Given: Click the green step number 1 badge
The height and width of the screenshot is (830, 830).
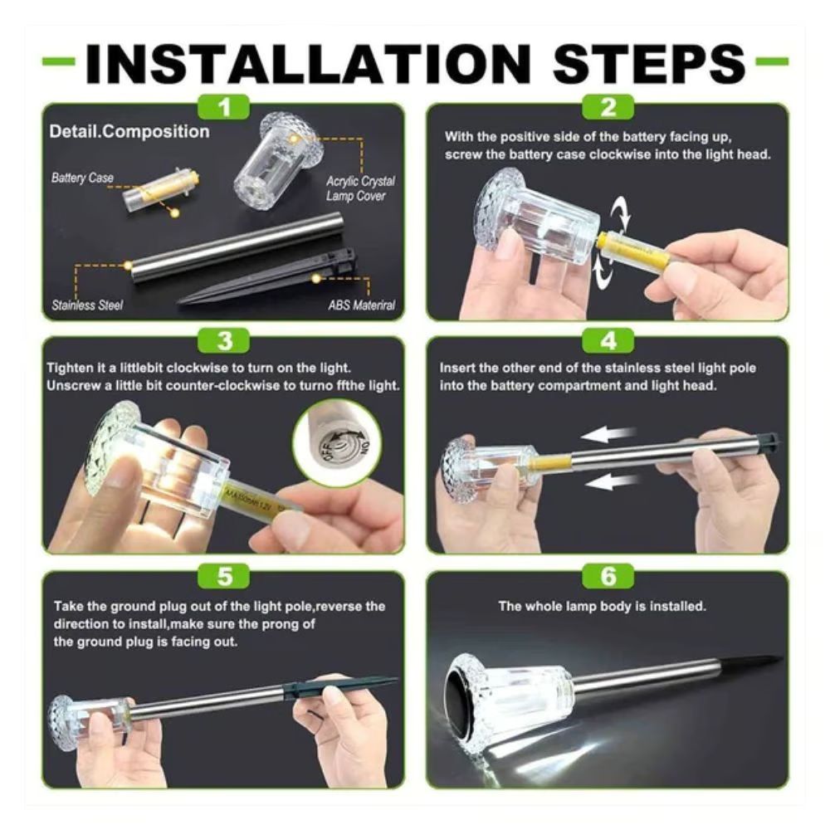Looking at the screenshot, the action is click(224, 107).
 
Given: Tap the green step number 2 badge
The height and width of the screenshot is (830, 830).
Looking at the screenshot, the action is click(608, 107).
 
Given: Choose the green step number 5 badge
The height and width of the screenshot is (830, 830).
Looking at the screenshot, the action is click(224, 576).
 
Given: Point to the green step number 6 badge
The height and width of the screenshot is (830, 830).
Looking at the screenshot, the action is click(608, 576).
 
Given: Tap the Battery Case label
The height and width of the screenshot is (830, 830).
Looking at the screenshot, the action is click(82, 178).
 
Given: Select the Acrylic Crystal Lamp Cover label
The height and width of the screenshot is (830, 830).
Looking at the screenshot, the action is click(360, 188).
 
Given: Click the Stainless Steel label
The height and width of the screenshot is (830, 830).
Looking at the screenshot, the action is click(87, 305).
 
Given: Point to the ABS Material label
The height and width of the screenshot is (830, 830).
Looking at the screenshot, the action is click(362, 305).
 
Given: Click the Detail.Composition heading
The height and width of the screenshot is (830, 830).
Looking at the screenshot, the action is click(129, 131).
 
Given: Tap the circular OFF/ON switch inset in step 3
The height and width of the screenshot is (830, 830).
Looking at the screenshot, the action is click(338, 442).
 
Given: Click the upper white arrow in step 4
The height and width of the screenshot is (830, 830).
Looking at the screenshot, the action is click(608, 435).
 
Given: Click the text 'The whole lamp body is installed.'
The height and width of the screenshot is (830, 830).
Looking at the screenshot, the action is click(602, 606).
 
